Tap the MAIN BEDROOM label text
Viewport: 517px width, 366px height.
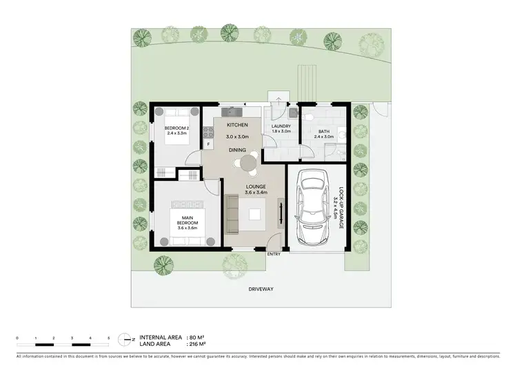[187, 221]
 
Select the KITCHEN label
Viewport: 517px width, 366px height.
[237, 125]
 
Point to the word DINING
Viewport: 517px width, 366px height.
[239, 149]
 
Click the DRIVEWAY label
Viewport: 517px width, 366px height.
[261, 289]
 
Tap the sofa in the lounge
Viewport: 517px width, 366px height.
[232, 213]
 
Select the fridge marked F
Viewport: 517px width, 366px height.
[207, 144]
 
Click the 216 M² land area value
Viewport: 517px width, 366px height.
[199, 345]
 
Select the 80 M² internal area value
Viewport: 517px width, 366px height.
[198, 338]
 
